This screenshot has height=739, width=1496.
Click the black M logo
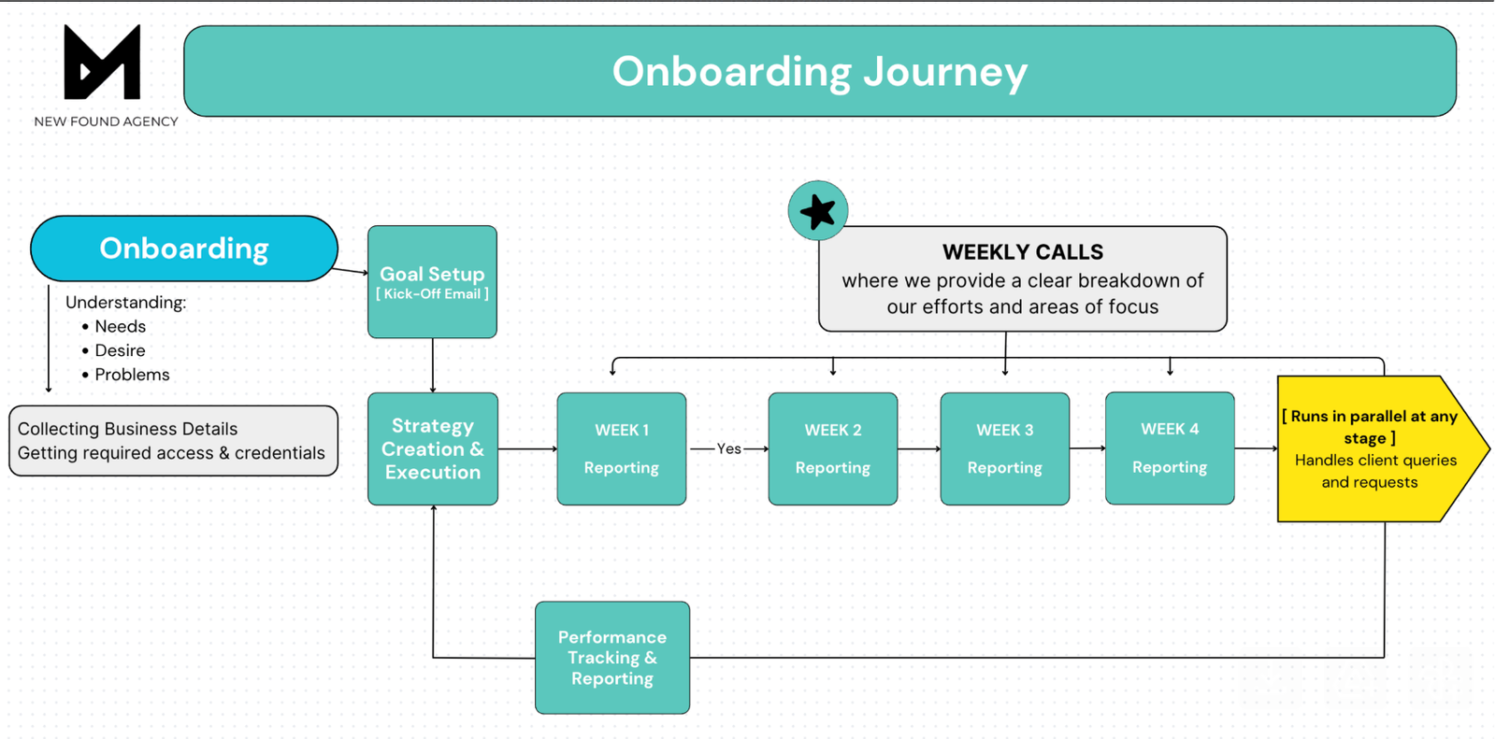click(x=102, y=63)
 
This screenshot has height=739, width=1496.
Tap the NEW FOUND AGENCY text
click(x=106, y=121)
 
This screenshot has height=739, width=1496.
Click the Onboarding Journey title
click(x=819, y=72)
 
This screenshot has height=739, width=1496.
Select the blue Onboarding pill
click(x=183, y=249)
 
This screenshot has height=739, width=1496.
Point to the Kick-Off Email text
click(x=432, y=294)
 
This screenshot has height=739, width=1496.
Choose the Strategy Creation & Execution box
click(x=432, y=449)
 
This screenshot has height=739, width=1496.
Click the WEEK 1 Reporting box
click(x=621, y=449)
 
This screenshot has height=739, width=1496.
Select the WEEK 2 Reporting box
click(x=832, y=449)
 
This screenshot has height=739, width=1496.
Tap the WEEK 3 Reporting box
click(x=1004, y=449)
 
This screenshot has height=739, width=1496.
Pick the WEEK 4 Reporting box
click(x=1169, y=448)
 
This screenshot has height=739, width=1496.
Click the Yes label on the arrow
click(x=728, y=449)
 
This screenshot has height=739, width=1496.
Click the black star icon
click(x=817, y=211)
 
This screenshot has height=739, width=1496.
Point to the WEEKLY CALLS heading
click(x=1022, y=252)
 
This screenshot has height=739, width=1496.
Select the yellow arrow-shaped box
click(x=1370, y=449)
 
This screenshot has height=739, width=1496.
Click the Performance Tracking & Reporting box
click(x=611, y=658)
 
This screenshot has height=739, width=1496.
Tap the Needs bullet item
click(x=120, y=327)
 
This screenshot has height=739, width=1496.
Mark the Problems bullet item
click(x=132, y=375)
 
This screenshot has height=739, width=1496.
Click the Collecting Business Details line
click(x=127, y=429)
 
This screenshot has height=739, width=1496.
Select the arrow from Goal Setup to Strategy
click(x=433, y=365)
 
